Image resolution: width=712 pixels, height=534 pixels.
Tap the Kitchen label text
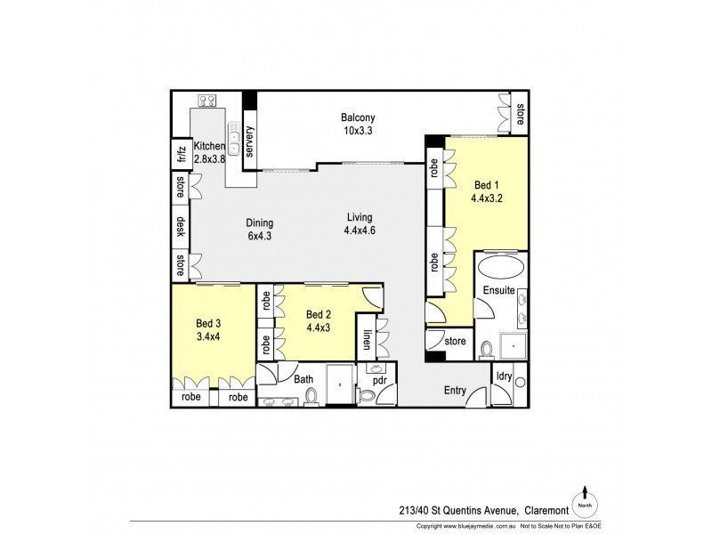[210, 147]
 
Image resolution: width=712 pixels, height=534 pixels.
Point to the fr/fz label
[181, 154]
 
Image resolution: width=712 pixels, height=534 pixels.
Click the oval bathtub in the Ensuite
[501, 268]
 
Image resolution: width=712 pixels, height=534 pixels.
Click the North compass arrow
[585, 493]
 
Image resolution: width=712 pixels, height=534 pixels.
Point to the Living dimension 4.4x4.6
[360, 231]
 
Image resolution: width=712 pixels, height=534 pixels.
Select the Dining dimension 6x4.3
[261, 237]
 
